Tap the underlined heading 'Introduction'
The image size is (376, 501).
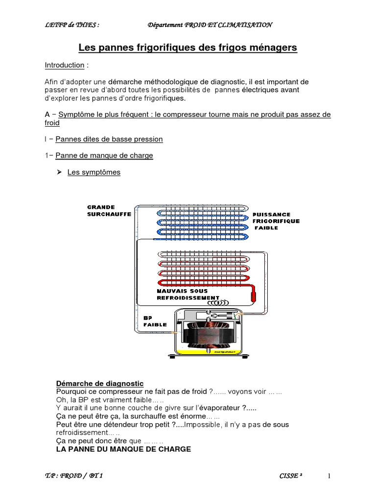tap(65, 65)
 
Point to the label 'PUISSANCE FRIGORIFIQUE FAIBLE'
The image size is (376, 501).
tap(276, 221)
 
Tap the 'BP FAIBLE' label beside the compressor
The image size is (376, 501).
tap(155, 321)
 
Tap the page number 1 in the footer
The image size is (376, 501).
tap(329, 476)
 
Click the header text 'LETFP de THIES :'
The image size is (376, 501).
tap(65, 25)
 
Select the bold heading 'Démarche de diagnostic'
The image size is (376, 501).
tap(100, 383)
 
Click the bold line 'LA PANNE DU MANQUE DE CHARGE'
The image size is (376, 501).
tap(123, 449)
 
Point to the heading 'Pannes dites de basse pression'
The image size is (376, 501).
tap(109, 139)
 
